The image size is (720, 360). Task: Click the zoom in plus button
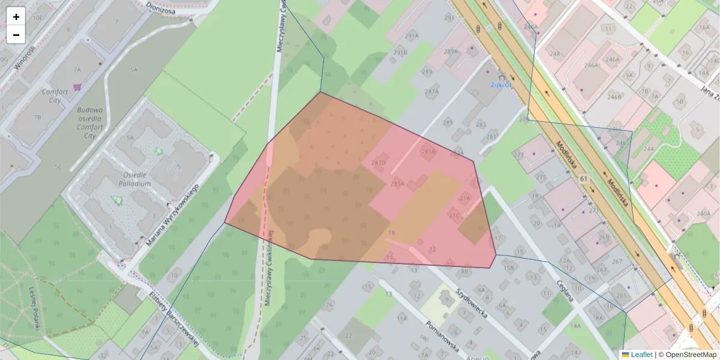point(16,17)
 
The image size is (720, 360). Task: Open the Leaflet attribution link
point(641,355)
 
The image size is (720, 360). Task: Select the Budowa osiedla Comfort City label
point(90,123)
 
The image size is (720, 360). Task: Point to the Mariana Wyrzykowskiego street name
point(172,215)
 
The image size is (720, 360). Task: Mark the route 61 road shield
point(584,179)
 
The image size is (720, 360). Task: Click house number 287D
point(378,163)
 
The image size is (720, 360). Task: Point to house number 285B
point(428,152)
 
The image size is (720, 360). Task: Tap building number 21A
point(465,197)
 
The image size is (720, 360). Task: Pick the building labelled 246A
point(612,59)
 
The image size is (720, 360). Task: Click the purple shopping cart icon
point(77,88)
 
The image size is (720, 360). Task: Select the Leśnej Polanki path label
point(34,309)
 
